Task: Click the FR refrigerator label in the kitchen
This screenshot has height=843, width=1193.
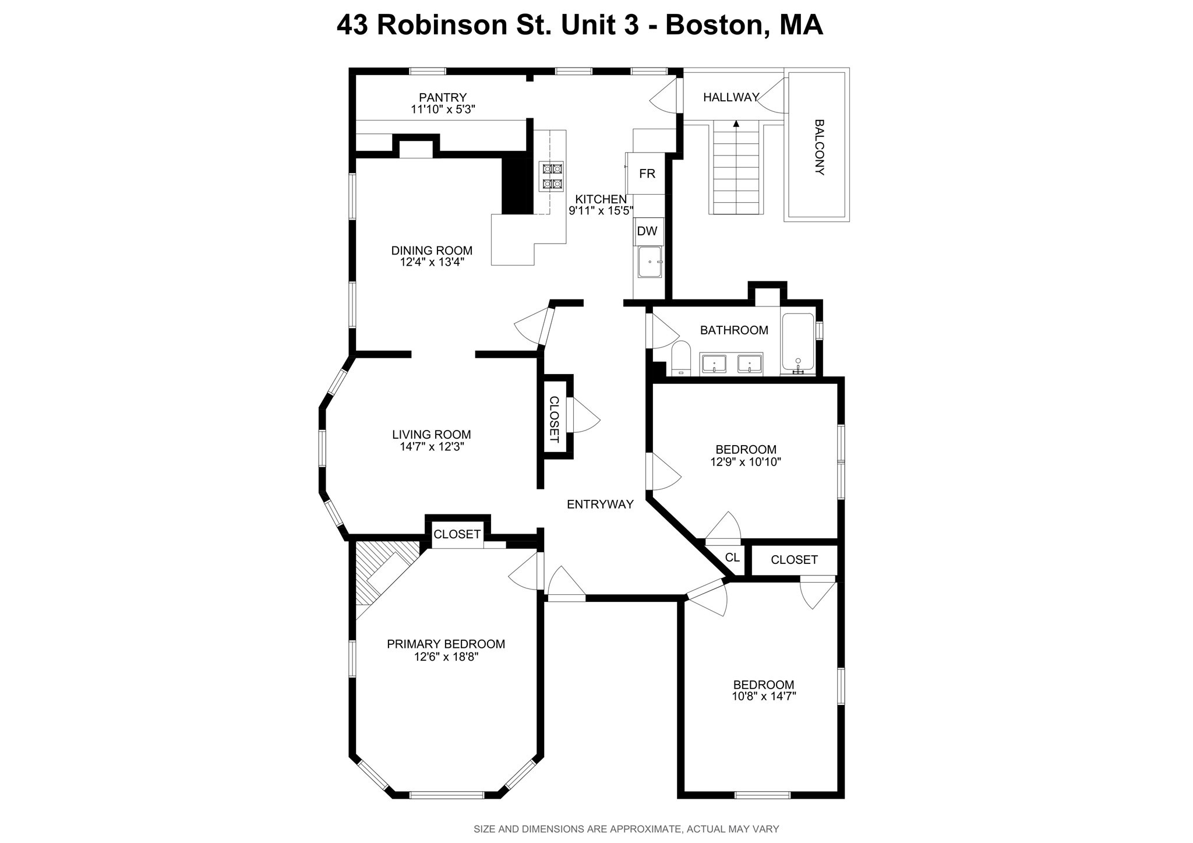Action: [x=647, y=174]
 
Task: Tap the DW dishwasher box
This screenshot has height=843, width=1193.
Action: [x=647, y=231]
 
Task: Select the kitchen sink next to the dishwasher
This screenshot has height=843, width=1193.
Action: [x=650, y=262]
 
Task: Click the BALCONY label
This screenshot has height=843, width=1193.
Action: [x=819, y=147]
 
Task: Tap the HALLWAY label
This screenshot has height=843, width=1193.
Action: [x=730, y=97]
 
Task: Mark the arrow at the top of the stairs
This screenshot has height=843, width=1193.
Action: [x=736, y=124]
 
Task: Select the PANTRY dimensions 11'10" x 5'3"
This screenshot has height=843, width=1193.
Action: [x=443, y=109]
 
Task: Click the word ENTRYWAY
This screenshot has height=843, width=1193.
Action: [x=600, y=505]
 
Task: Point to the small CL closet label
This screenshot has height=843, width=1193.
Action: [x=732, y=558]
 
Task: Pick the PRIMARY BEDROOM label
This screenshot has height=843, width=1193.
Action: [x=446, y=644]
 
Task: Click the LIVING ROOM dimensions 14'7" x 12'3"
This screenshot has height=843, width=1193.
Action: [x=431, y=447]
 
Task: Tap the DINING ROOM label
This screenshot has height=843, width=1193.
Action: [x=432, y=251]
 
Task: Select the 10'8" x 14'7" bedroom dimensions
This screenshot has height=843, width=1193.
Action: [x=764, y=696]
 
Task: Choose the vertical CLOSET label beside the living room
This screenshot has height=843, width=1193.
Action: [x=554, y=419]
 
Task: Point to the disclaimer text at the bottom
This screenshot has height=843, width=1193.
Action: [x=626, y=829]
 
